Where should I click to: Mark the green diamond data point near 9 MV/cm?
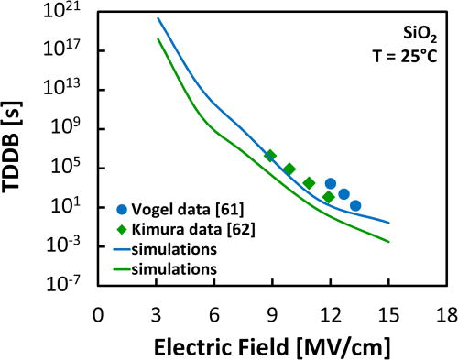[270, 156]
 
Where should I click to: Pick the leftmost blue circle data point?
[331, 184]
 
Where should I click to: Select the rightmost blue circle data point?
[355, 206]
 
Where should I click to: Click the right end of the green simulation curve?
[388, 242]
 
